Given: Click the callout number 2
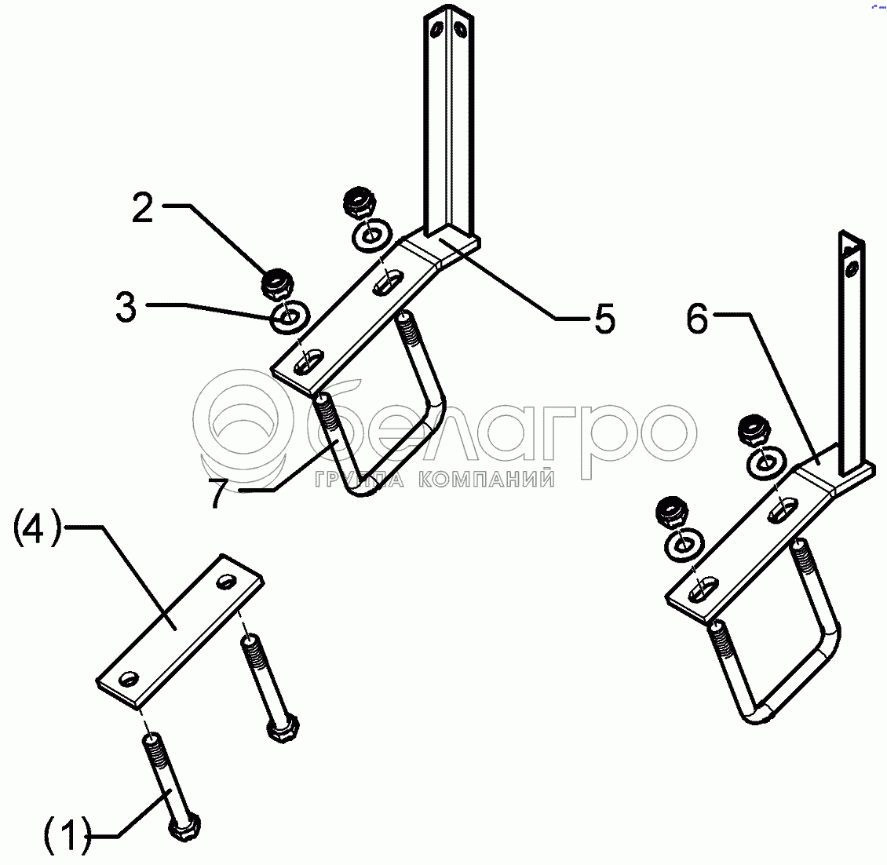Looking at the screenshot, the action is (143, 208).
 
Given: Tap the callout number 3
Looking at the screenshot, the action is (126, 308).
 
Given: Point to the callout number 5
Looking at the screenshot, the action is (604, 319).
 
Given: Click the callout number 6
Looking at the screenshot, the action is (697, 319).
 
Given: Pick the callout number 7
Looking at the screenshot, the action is (218, 493).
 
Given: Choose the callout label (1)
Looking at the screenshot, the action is (68, 834).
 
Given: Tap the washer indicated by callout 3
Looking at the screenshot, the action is (290, 317).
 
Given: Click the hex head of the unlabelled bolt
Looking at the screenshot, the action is (283, 728).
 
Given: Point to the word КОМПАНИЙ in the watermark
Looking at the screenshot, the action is (487, 480).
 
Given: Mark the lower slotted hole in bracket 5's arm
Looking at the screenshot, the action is (308, 363).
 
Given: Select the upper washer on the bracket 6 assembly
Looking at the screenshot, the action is (767, 462).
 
